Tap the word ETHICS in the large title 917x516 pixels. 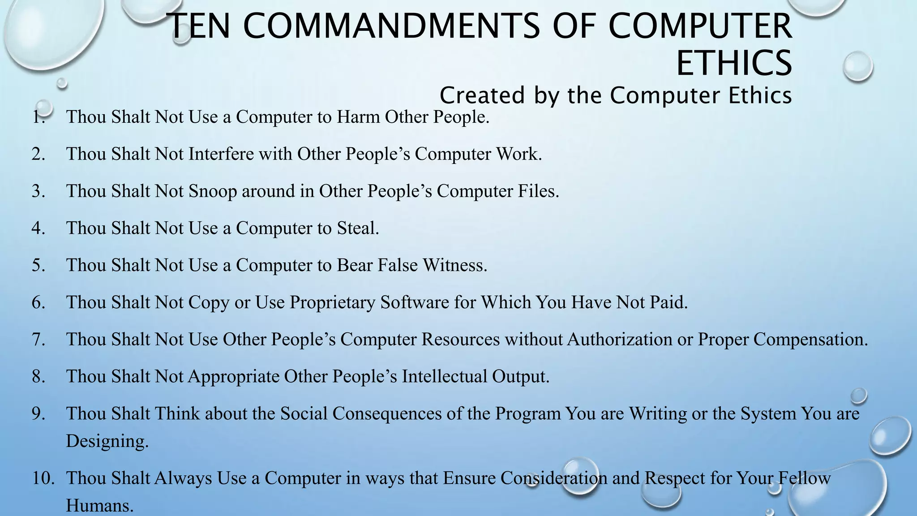734,63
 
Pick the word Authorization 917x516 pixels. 620,340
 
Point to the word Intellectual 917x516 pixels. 444,377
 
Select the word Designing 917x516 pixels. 107,441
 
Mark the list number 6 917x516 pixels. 39,302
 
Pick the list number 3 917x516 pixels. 39,191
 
